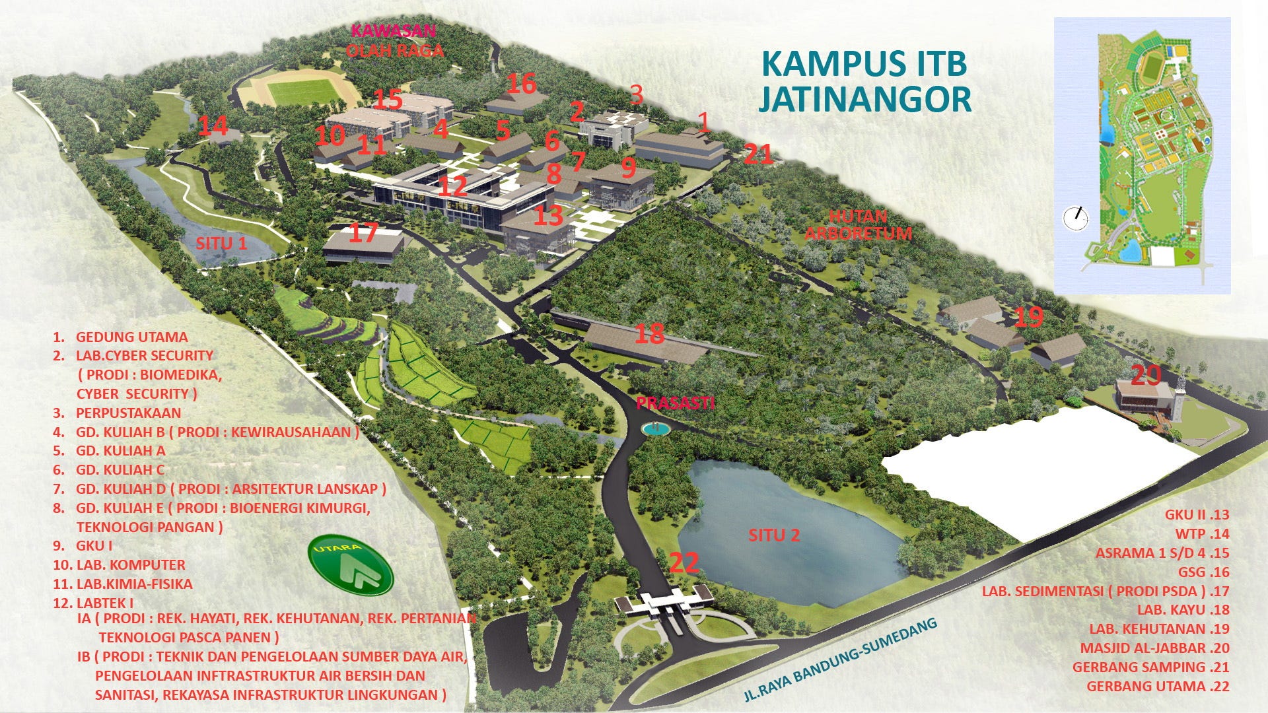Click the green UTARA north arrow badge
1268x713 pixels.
(x=351, y=566)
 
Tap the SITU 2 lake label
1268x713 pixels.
(x=774, y=535)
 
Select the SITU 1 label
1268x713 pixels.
(x=221, y=243)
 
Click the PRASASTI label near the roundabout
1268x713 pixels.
(x=675, y=403)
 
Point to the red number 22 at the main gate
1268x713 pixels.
(x=684, y=563)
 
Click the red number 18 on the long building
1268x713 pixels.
(x=649, y=334)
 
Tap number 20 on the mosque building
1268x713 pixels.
(x=1146, y=376)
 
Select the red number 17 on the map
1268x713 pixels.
(x=363, y=232)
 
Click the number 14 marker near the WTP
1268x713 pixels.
(x=213, y=126)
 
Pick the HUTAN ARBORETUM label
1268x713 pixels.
(x=859, y=224)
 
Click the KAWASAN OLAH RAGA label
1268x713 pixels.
(x=394, y=40)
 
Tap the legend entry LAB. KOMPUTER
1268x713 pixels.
(x=131, y=564)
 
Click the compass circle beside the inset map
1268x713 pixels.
(x=1076, y=218)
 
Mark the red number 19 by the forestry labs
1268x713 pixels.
(x=1028, y=318)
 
